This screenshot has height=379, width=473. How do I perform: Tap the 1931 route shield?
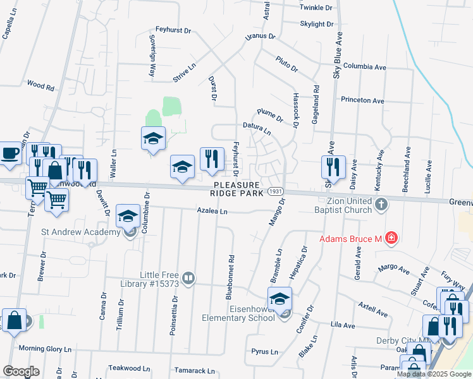pyautogui.click(x=274, y=191)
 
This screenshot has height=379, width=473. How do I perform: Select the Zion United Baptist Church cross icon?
pyautogui.click(x=381, y=204)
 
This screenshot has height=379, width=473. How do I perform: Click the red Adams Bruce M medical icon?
pyautogui.click(x=392, y=238)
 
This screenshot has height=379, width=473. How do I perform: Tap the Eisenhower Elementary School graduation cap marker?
pyautogui.click(x=279, y=299)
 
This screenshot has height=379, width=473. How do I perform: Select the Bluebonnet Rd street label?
pyautogui.click(x=232, y=277)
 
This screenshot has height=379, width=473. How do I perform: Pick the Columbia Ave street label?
pyautogui.click(x=365, y=66)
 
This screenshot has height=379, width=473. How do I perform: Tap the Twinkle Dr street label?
pyautogui.click(x=316, y=8)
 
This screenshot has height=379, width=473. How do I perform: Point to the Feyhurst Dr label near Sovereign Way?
pyautogui.click(x=173, y=29)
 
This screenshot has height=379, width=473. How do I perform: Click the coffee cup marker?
pyautogui.click(x=9, y=153)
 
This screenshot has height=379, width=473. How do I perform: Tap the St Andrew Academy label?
pyautogui.click(x=80, y=232)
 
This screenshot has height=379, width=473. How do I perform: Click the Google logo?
pyautogui.click(x=21, y=371)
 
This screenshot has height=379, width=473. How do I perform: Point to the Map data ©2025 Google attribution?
pyautogui.click(x=434, y=374)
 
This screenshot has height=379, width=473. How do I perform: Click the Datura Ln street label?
pyautogui.click(x=257, y=128)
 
